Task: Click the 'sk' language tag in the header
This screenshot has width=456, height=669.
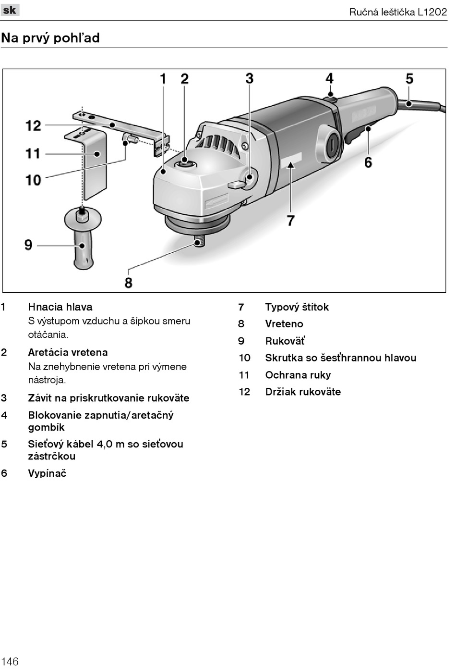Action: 10,10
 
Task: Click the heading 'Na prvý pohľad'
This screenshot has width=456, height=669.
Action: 50,37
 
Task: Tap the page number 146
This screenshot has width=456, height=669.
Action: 10,661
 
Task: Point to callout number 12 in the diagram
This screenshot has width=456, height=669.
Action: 33,126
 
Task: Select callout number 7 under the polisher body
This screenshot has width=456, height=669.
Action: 291,221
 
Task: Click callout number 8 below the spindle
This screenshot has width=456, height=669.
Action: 128,282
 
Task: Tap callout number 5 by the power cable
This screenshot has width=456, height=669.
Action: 409,79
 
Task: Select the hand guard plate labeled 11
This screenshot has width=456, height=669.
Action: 95,163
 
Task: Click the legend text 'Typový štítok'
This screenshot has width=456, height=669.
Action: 297,307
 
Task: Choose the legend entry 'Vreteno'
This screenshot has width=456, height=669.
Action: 284,324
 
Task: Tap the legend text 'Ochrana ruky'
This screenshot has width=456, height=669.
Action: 298,375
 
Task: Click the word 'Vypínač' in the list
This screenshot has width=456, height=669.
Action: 47,473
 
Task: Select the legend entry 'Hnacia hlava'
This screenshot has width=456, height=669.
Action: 60,307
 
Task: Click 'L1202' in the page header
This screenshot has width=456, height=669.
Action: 432,12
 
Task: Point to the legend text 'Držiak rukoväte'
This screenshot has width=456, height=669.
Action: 303,392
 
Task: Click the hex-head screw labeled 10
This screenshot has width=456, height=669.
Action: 131,140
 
